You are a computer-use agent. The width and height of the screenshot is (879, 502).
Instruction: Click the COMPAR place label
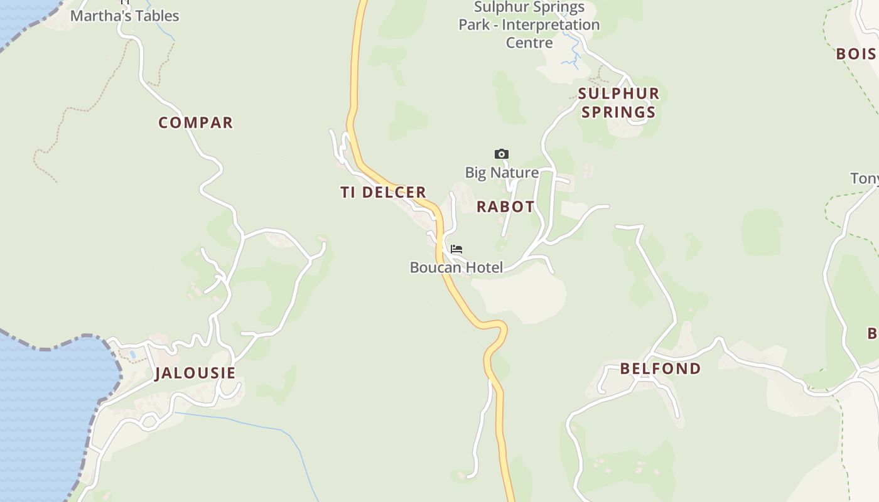pyautogui.click(x=195, y=122)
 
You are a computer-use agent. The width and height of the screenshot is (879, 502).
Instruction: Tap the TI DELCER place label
pyautogui.click(x=383, y=192)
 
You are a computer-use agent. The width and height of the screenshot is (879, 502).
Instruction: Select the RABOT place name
pyautogui.click(x=505, y=206)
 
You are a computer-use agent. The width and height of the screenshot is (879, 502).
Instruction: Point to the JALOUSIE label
pyautogui.click(x=195, y=373)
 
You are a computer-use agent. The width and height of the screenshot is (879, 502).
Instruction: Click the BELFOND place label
pyautogui.click(x=661, y=368)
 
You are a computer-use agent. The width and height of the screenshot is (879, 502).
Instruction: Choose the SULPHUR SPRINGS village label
pyautogui.click(x=618, y=103)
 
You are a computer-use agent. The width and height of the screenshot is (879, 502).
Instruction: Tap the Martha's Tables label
pyautogui.click(x=124, y=16)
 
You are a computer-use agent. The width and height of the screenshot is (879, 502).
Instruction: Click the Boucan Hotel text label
pyautogui.click(x=456, y=267)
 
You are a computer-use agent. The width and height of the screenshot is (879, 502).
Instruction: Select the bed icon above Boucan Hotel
pyautogui.click(x=456, y=249)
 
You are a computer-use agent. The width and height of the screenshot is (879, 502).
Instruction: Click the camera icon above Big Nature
pyautogui.click(x=501, y=154)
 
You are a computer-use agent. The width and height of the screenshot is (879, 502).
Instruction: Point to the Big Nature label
pyautogui.click(x=502, y=173)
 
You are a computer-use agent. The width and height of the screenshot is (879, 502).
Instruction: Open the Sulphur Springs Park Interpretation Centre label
pyautogui.click(x=529, y=25)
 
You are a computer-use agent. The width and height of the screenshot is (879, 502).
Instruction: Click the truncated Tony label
pyautogui.click(x=865, y=179)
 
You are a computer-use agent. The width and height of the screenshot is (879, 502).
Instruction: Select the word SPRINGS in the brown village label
pyautogui.click(x=618, y=112)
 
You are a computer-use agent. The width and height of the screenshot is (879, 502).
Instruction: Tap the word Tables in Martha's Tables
pyautogui.click(x=154, y=16)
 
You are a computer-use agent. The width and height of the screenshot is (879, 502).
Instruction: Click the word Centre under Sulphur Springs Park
pyautogui.click(x=529, y=43)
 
